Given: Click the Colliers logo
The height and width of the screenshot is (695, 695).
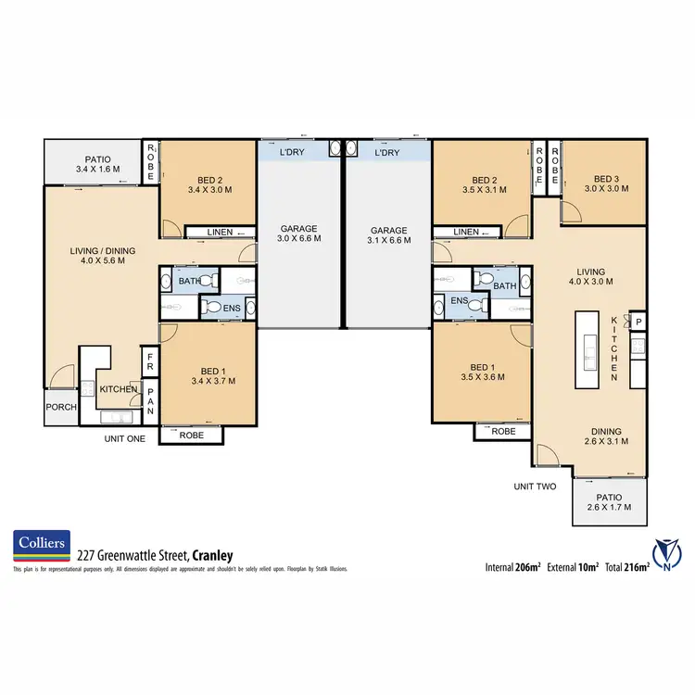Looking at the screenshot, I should point(41,548).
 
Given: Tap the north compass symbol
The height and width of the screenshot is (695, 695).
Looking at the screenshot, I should point(668,553).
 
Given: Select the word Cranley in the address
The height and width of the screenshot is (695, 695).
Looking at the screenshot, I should point(213,555).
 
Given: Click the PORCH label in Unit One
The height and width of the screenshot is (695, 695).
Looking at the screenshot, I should point(61,407).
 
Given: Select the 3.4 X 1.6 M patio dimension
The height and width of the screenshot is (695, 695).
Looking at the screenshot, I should point(97,170).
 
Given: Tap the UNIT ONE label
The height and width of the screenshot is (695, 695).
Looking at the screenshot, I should point(124,438).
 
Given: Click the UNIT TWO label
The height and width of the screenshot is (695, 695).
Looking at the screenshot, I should point(536,486).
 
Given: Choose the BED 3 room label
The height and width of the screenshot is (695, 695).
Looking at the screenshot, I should point(605,179).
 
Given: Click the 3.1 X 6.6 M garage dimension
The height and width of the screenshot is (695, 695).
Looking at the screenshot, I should point(388,239).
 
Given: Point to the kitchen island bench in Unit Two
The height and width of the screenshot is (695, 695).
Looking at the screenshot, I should point(587,352).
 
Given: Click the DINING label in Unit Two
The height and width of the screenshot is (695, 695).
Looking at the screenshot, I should point(608,431).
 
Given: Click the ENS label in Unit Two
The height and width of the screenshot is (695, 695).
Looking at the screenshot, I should point(459,301).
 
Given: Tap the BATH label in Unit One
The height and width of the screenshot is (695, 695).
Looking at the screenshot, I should point(189,281).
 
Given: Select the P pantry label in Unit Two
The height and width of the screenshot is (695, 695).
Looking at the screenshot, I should point(638,322).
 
